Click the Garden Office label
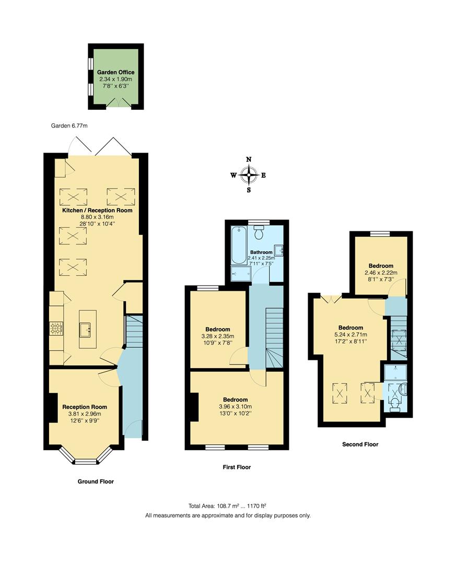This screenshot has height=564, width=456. (x=115, y=72)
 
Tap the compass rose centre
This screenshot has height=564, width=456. (x=249, y=175)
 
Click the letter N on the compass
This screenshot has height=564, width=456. (x=249, y=160)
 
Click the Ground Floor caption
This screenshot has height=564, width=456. (x=96, y=481)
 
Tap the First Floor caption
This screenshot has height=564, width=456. (x=236, y=467)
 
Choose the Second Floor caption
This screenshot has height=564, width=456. (x=360, y=444)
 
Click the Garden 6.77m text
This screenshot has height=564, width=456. (x=69, y=126)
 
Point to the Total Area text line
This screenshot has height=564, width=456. (x=228, y=506)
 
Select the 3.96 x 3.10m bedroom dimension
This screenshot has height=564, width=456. (x=233, y=407)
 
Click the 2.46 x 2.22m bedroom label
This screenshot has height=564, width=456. (x=380, y=272)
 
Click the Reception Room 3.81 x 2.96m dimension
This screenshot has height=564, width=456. (x=84, y=414)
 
